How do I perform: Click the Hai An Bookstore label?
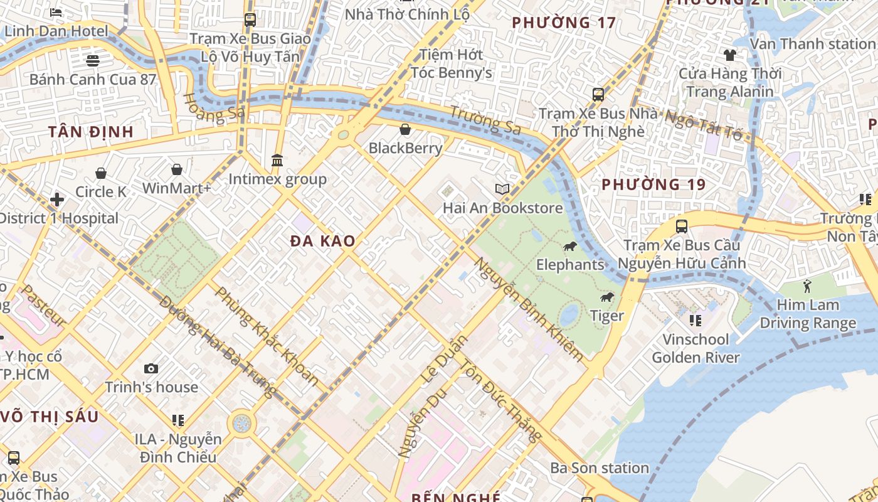click(x=502, y=208)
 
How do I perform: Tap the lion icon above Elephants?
click(x=569, y=246)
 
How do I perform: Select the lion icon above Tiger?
click(x=606, y=297)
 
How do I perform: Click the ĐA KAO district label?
click(x=323, y=241)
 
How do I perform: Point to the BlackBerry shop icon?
click(x=405, y=130)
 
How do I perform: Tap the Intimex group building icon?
click(x=277, y=161)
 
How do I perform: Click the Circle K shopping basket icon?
click(x=101, y=173)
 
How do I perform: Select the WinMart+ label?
click(x=177, y=188)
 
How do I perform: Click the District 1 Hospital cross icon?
click(x=57, y=200)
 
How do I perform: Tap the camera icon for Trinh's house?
click(x=151, y=368)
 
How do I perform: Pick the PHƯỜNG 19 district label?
click(x=653, y=184)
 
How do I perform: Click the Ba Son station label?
click(x=600, y=468)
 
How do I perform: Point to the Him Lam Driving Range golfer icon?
click(x=807, y=287)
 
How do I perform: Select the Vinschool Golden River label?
click(x=696, y=349)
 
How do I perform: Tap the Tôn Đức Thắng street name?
click(x=500, y=400)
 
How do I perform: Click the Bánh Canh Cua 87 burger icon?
click(x=93, y=61)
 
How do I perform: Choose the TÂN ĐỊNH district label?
click(x=91, y=132)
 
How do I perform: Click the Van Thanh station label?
click(x=812, y=44)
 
